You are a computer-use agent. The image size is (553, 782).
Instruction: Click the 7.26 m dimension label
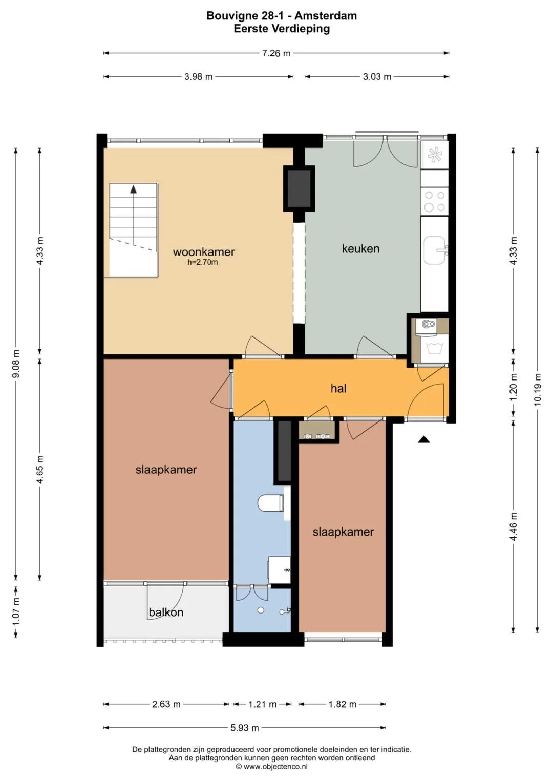[x=276, y=53]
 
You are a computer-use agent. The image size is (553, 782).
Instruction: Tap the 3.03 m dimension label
[x=377, y=77]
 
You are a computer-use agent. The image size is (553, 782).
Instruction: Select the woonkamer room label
[x=204, y=252]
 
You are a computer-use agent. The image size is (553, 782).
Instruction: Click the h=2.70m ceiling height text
[x=202, y=263]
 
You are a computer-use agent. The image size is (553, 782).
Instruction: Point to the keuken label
[x=360, y=248]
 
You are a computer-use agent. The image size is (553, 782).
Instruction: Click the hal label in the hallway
[x=338, y=388]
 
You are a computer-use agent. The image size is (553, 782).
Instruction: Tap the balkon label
[x=166, y=612]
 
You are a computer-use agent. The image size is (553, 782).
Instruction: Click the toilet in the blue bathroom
[x=270, y=503]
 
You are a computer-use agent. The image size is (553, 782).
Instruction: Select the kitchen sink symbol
[x=435, y=250]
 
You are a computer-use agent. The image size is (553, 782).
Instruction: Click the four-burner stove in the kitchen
[x=435, y=201]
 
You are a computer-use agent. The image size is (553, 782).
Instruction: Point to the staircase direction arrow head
[x=133, y=189]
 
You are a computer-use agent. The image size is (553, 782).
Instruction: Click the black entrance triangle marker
[x=424, y=439]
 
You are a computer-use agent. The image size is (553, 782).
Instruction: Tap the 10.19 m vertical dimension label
[x=537, y=389]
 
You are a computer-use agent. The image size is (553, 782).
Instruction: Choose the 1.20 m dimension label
[x=513, y=388]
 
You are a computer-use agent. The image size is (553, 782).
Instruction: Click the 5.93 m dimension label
[x=245, y=725]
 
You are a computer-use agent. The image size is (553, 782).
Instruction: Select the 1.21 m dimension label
[x=262, y=702]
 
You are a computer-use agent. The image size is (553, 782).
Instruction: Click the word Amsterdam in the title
[x=326, y=16]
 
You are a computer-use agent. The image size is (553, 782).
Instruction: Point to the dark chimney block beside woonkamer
[x=299, y=189]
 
